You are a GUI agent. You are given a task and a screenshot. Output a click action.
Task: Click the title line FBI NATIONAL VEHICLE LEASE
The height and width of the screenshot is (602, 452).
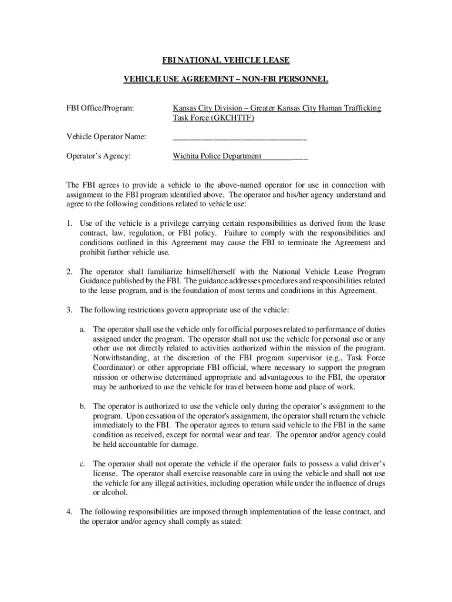pyautogui.click(x=226, y=61)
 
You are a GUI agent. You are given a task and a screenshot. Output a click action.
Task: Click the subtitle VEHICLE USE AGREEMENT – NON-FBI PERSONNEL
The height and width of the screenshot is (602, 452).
pyautogui.click(x=226, y=79)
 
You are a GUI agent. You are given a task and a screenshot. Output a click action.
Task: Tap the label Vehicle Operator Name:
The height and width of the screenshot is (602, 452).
pyautogui.click(x=106, y=138)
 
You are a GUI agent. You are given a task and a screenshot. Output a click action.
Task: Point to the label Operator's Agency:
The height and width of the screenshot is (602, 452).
pyautogui.click(x=99, y=156)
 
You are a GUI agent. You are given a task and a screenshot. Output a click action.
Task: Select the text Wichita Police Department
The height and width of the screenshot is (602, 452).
pyautogui.click(x=217, y=156)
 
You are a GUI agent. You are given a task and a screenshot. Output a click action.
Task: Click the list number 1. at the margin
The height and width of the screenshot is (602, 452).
pyautogui.click(x=69, y=223)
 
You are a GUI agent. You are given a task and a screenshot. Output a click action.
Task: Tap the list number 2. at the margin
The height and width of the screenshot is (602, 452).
pyautogui.click(x=69, y=272)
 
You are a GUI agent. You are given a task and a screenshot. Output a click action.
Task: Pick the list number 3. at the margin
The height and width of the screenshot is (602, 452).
pyautogui.click(x=69, y=310)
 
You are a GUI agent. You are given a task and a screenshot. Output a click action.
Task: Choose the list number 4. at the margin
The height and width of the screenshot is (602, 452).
pyautogui.click(x=69, y=512)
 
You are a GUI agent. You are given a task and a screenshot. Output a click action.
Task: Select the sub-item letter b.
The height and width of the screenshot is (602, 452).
pyautogui.click(x=83, y=406)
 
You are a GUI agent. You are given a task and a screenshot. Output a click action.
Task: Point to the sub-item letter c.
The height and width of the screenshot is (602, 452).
pyautogui.click(x=83, y=464)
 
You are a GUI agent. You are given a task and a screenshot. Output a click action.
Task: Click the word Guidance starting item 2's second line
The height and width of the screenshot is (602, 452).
pyautogui.click(x=96, y=281)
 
